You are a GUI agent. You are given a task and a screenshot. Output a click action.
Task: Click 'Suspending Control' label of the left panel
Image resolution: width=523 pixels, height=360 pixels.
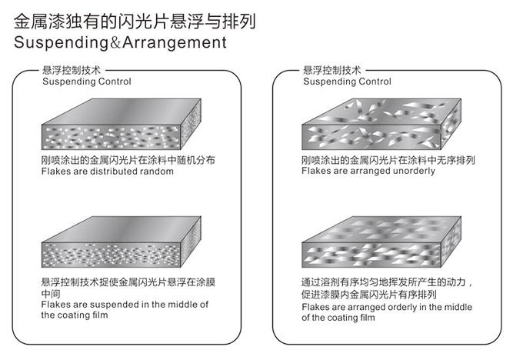point(86,82)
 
